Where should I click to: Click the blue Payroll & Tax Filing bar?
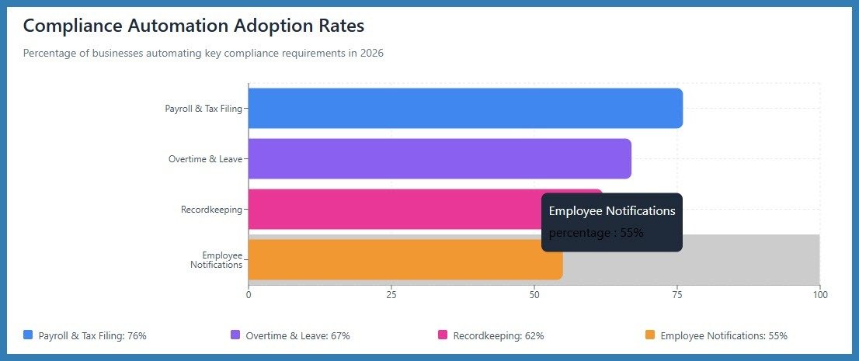(464, 109)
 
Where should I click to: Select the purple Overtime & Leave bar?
(439, 159)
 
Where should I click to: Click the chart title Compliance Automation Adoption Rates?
(193, 26)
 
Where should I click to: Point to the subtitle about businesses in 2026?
(203, 54)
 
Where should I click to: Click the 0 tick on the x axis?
(249, 294)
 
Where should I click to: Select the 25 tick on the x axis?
(391, 294)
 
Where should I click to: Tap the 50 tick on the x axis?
(534, 294)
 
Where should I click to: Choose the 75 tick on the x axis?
(676, 294)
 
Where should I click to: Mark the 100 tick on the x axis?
(819, 294)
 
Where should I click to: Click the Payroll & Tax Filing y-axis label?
(203, 109)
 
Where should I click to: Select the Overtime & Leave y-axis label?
(205, 159)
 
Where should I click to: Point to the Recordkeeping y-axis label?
(211, 210)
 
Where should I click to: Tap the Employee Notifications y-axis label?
(216, 260)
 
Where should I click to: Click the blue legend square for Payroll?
(28, 335)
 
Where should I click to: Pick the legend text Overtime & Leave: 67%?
(297, 336)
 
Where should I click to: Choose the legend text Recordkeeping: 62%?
(498, 336)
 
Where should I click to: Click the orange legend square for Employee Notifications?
(650, 335)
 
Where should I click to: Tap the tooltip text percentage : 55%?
(596, 233)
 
